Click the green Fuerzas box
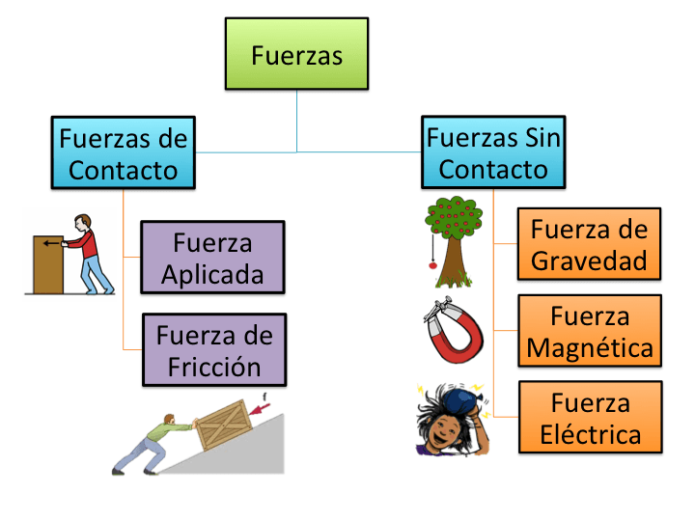(x=296, y=55)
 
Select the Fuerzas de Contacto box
(x=124, y=153)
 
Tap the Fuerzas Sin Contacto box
(x=493, y=152)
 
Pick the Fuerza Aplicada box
(x=212, y=258)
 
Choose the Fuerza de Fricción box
(x=213, y=350)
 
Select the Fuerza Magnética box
(x=589, y=332)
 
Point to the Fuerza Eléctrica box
(x=590, y=417)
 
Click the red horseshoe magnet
(x=454, y=334)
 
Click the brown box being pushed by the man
(x=47, y=264)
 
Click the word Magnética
(x=589, y=346)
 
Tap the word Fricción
(x=213, y=366)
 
